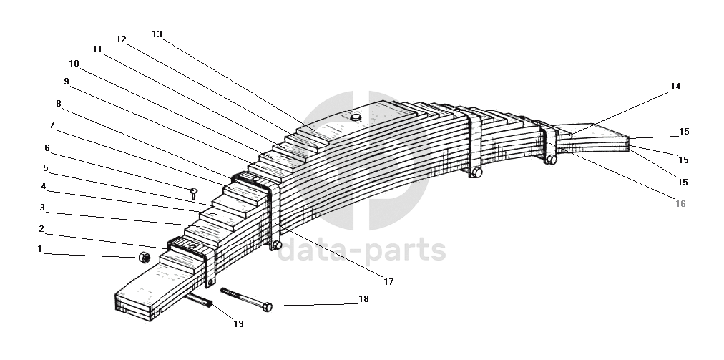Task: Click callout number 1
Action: point(40,250)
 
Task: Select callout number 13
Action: point(157,34)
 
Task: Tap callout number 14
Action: point(675,87)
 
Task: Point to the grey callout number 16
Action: point(680,204)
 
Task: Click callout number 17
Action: point(388,282)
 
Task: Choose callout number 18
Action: point(363,299)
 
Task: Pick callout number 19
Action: point(238,324)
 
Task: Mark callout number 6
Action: point(47,148)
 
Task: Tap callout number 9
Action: point(66,81)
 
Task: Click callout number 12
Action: point(121,39)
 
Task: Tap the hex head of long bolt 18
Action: point(268,307)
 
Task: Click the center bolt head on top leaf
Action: point(355,116)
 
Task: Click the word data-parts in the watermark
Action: point(361,251)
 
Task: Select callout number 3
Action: point(42,208)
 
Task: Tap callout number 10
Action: point(74,63)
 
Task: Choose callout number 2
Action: point(41,229)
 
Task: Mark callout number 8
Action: point(58,104)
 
